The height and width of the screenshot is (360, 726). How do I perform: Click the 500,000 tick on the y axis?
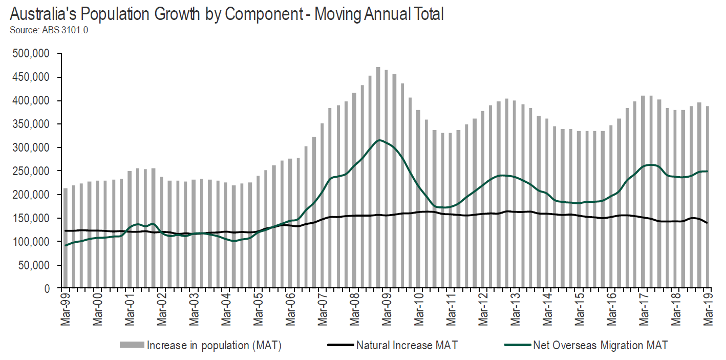tap(32, 54)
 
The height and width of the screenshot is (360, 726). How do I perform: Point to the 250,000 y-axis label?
tap(32, 171)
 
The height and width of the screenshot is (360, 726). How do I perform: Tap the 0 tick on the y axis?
tap(46, 289)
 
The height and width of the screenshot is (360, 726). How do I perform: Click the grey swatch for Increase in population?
tap(132, 345)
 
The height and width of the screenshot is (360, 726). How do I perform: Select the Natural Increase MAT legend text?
tap(408, 345)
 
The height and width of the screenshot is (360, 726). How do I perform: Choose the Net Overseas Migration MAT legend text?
tap(600, 345)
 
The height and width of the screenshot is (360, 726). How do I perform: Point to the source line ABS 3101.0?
tap(49, 30)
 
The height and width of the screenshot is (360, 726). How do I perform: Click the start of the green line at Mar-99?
tap(65, 245)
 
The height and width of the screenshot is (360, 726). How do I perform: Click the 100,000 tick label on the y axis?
tap(32, 242)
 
